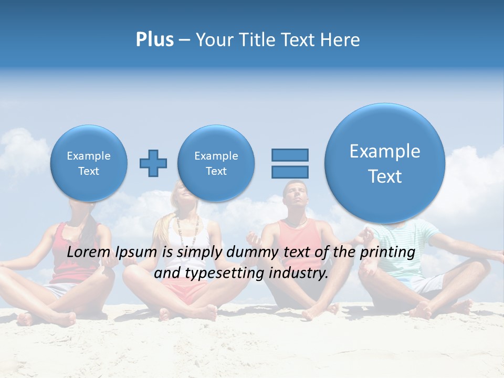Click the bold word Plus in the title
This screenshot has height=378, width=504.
(x=154, y=40)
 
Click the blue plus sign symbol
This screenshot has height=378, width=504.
(x=153, y=163)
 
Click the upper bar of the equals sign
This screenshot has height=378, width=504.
(x=290, y=155)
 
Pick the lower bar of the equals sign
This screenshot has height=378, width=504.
(x=290, y=172)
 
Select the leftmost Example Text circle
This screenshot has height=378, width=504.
(x=89, y=163)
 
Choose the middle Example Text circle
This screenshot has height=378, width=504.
(x=216, y=163)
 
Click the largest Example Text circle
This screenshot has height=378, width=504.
(x=385, y=163)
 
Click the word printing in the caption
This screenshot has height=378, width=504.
(x=387, y=253)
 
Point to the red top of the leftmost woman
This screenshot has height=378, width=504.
(x=74, y=236)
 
